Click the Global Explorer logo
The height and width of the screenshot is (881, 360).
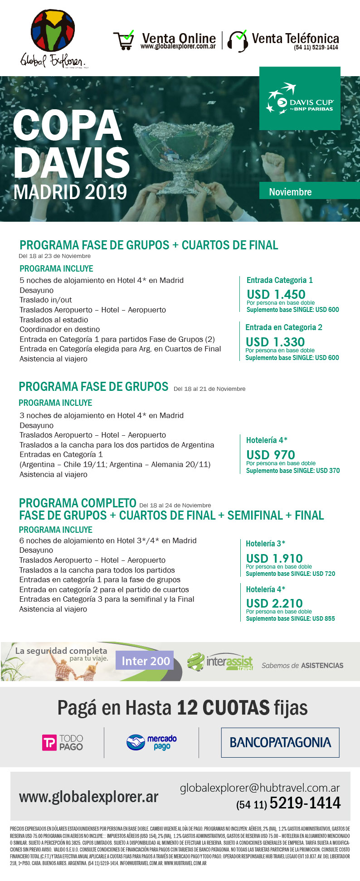[53, 39]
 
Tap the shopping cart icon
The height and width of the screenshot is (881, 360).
[123, 40]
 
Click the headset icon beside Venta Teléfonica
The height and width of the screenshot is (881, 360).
[238, 41]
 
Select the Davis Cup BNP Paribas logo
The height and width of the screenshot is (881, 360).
[300, 98]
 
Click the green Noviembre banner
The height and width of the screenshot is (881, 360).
[309, 191]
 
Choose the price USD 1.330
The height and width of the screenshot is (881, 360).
[275, 342]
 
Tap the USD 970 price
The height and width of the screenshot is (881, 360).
[270, 455]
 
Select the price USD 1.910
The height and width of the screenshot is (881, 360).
[274, 558]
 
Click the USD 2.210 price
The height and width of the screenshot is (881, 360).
[274, 603]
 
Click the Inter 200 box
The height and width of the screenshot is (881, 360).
[146, 661]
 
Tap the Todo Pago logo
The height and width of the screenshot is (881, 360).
[63, 743]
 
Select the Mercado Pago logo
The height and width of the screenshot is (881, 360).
[151, 743]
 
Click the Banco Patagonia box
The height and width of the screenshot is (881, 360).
[280, 743]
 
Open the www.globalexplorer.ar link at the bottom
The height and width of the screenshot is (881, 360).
[88, 797]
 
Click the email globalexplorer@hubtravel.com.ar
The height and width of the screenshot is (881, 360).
[259, 788]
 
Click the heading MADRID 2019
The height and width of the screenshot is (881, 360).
[70, 192]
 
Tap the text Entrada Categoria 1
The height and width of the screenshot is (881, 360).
[279, 280]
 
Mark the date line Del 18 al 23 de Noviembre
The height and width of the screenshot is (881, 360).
[54, 256]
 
